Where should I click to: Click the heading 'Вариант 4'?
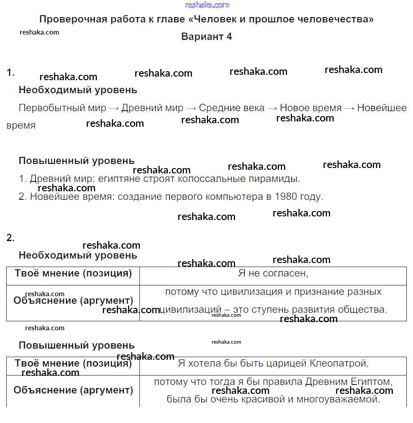click(x=207, y=37)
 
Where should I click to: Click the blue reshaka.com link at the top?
click(x=207, y=5)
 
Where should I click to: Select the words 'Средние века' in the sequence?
click(x=231, y=108)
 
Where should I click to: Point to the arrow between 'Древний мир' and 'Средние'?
click(x=191, y=108)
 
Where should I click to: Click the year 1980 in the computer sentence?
click(x=286, y=197)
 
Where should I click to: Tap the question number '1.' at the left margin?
click(x=11, y=72)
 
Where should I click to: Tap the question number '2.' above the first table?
click(x=11, y=238)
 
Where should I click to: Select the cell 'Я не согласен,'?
click(x=273, y=273)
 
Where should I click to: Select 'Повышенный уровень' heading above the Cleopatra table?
click(x=76, y=345)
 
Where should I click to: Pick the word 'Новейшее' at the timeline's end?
click(x=382, y=108)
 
